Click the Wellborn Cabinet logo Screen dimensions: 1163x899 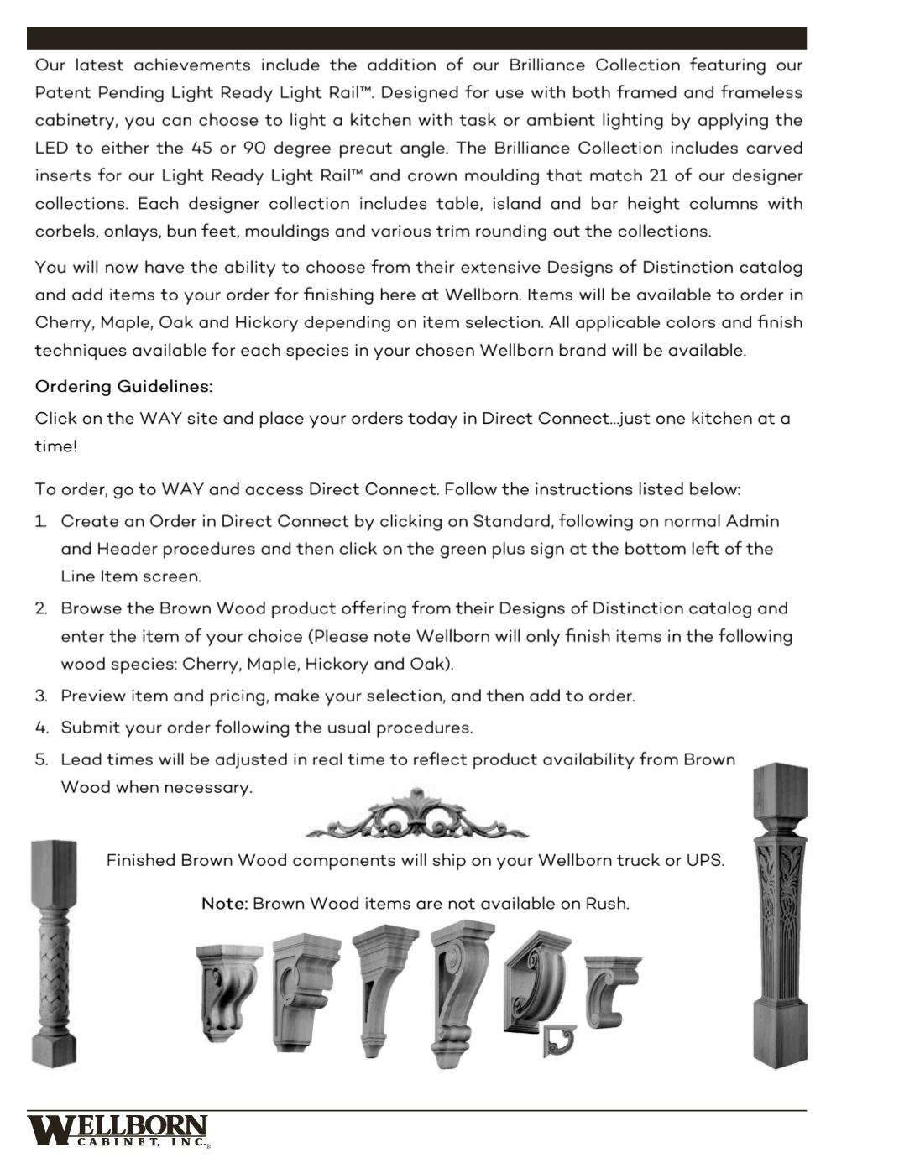118,1129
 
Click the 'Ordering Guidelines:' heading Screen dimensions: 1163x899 123,387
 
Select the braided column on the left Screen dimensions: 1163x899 54,953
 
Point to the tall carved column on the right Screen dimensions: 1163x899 779,915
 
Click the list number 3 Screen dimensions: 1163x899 41,696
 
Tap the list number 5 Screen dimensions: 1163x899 41,760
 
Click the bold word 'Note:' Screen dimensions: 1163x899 224,904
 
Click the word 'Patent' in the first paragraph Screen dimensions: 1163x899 62,93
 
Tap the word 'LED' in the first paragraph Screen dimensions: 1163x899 51,149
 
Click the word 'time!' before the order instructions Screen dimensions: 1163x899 55,446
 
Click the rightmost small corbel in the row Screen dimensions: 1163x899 612,990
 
